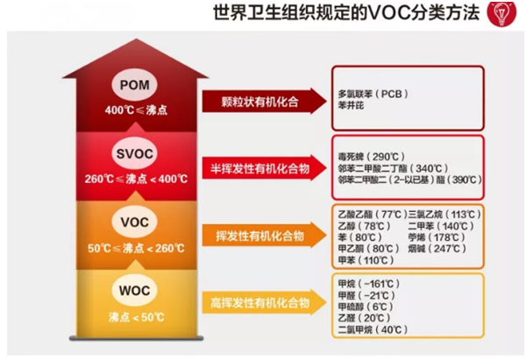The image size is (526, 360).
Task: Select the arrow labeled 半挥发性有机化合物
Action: (259, 167)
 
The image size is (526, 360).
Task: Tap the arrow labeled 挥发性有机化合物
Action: (259, 235)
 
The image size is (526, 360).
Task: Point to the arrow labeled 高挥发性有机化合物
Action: (259, 303)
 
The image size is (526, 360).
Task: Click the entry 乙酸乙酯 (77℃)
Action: (368, 214)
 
